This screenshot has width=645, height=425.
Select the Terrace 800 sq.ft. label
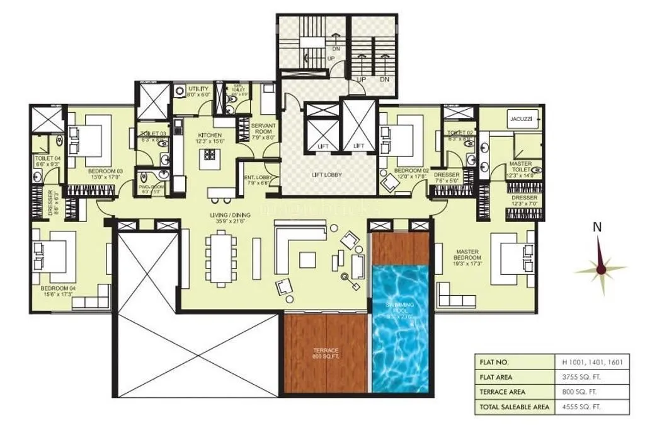click(x=326, y=352)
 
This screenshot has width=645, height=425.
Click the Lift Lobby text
click(x=326, y=175)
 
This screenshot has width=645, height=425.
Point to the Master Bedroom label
click(x=468, y=255)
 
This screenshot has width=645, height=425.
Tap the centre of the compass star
click(x=601, y=269)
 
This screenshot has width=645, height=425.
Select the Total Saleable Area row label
click(x=512, y=407)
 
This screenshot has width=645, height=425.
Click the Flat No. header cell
click(x=512, y=362)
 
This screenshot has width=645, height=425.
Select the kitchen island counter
click(x=207, y=160)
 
